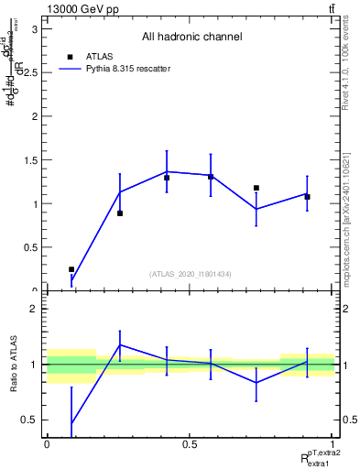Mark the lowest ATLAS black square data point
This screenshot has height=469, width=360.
click(71, 269)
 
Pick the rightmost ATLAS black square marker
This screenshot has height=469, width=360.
click(307, 197)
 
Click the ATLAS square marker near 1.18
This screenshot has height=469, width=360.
click(256, 188)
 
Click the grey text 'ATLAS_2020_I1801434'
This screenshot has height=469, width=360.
click(191, 274)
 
